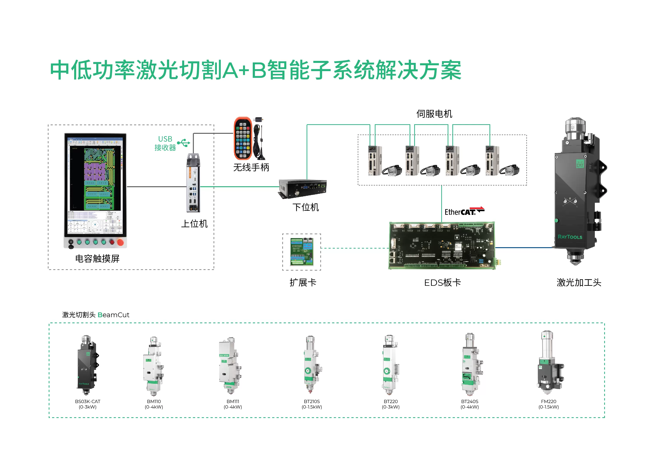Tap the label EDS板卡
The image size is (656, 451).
pyautogui.click(x=442, y=282)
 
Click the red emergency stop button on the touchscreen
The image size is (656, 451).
pyautogui.click(x=120, y=242)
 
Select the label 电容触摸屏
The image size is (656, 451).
pyautogui.click(x=97, y=258)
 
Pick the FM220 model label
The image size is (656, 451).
pyautogui.click(x=548, y=401)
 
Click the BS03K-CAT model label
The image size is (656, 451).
pyautogui.click(x=88, y=401)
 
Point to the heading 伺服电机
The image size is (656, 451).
pyautogui.click(x=434, y=114)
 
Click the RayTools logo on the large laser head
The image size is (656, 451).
pyautogui.click(x=570, y=237)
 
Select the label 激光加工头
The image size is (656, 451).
pyautogui.click(x=579, y=282)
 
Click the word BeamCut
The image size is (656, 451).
pyautogui.click(x=113, y=315)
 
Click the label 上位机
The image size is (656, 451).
pyautogui.click(x=195, y=224)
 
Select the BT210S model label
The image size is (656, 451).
pyautogui.click(x=312, y=401)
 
